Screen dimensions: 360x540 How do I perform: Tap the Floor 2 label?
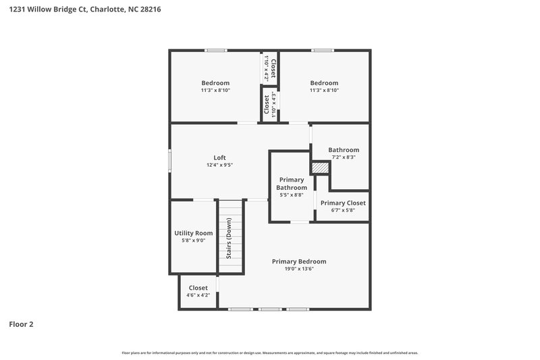(21, 324)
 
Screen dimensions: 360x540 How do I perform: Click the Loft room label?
(220, 157)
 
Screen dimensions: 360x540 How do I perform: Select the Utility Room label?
(193, 233)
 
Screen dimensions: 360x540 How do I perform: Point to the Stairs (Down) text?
(230, 238)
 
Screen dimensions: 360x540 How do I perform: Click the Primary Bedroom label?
(299, 261)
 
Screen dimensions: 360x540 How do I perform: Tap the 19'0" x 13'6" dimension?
(299, 269)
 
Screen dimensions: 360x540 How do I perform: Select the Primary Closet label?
(343, 203)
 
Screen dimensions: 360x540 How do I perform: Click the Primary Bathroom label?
(292, 184)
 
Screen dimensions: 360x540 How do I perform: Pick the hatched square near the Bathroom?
(319, 167)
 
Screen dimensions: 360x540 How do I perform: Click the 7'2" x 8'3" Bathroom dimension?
(344, 157)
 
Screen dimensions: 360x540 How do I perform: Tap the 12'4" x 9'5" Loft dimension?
(220, 165)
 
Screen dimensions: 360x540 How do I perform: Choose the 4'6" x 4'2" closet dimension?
(198, 295)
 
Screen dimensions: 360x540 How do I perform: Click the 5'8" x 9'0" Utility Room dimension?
(193, 240)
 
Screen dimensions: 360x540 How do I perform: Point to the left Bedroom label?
(215, 83)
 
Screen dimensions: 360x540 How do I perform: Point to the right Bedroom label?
(324, 83)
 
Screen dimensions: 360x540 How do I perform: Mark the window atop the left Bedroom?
(216, 51)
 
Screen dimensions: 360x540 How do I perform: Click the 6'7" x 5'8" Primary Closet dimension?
(343, 210)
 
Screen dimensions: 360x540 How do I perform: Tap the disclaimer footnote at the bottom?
(269, 353)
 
